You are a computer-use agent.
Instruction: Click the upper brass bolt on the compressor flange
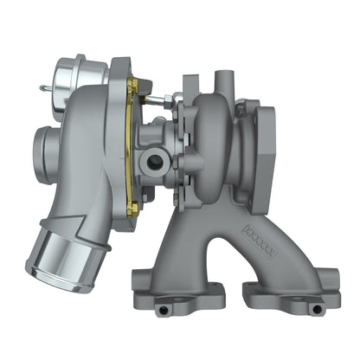[x=132, y=84]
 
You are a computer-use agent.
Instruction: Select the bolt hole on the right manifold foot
[x=314, y=307]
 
